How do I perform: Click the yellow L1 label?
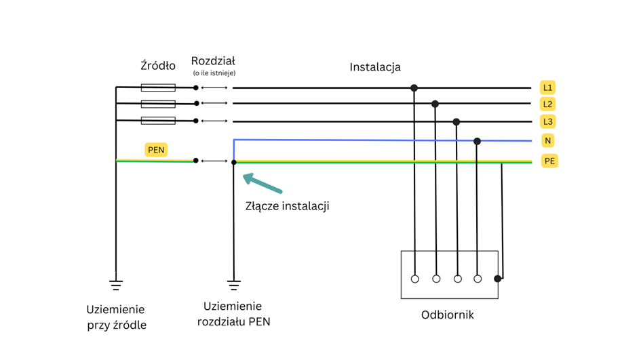point(547,87)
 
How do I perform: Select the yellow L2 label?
point(547,104)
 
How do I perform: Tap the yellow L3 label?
point(547,121)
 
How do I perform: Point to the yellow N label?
point(547,140)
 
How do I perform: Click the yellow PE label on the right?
point(549,161)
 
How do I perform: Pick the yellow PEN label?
point(156,150)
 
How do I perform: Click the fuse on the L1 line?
point(158,87)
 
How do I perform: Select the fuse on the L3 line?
point(158,121)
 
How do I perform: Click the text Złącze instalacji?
point(287,205)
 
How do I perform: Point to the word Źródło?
point(158,66)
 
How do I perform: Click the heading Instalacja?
point(375,66)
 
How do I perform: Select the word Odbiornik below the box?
point(447,315)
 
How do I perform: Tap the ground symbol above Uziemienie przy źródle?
point(116,284)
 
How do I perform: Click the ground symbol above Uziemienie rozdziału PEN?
point(233,284)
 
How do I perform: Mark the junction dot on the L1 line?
point(414,88)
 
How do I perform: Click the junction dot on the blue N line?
point(477,141)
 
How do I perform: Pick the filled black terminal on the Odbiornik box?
point(498,279)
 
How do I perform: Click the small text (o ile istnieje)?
point(214,73)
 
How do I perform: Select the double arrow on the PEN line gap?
point(214,161)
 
